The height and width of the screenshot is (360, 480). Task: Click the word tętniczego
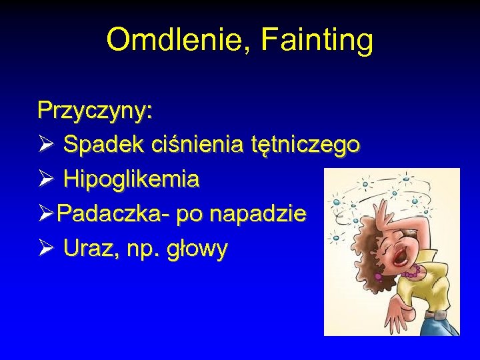pyautogui.click(x=306, y=144)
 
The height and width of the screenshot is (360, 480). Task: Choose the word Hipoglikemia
pyautogui.click(x=131, y=179)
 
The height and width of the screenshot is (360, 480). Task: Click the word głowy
pyautogui.click(x=198, y=250)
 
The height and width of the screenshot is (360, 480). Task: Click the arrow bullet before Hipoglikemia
pyautogui.click(x=46, y=179)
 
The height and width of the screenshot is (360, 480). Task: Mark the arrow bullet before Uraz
pyautogui.click(x=46, y=249)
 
